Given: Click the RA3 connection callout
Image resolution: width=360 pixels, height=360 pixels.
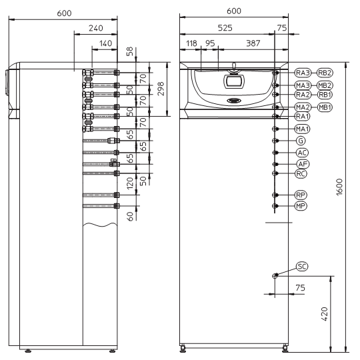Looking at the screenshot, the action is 303,73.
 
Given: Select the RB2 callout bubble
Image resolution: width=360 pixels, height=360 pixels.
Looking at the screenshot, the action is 325,73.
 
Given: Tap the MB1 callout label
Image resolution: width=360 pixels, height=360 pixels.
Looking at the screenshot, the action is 325,107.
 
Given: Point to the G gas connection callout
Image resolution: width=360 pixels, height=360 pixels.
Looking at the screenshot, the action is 301,141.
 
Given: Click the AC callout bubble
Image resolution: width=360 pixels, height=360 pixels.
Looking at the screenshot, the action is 302,153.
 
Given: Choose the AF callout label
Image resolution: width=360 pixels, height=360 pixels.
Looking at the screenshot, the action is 303,164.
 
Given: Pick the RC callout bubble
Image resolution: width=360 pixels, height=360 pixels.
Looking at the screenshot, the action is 301,173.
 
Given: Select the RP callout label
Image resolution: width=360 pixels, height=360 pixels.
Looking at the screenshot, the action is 301,195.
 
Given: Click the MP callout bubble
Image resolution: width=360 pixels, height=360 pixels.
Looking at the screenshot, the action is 301,206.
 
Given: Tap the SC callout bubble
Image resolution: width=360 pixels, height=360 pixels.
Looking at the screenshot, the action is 302,267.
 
